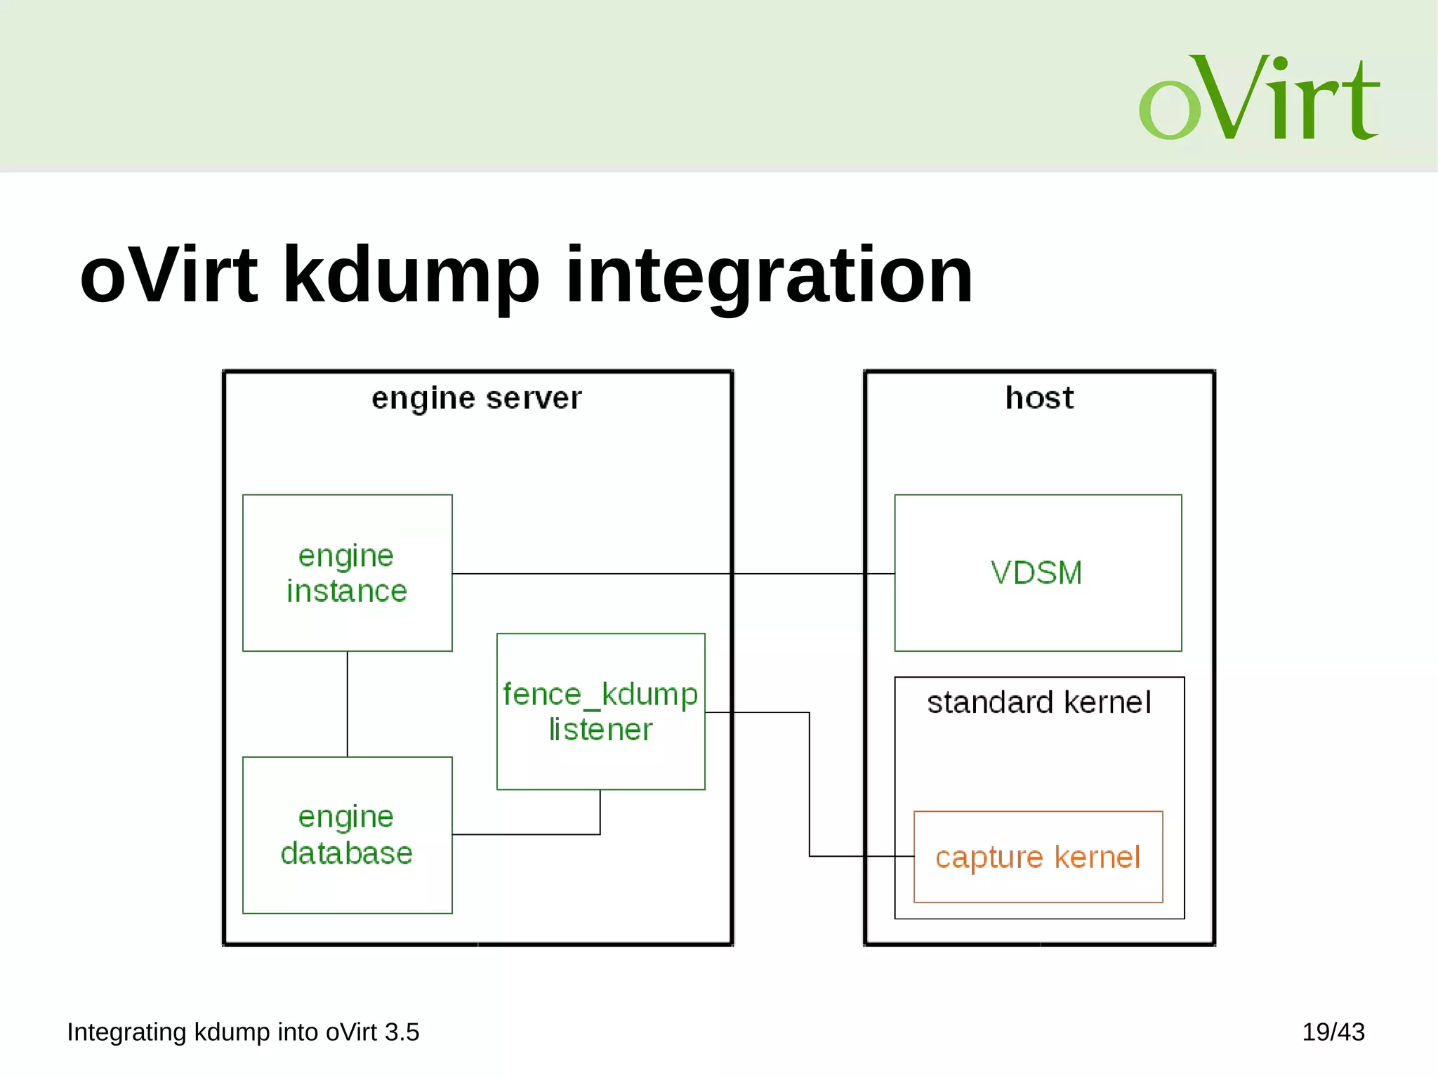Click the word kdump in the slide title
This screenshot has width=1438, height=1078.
click(411, 275)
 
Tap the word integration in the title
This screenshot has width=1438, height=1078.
click(769, 275)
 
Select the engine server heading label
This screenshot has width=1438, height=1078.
click(477, 398)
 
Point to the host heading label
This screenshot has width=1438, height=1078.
click(1039, 398)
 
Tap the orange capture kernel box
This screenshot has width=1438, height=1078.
click(1038, 857)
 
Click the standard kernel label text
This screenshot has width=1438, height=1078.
click(1038, 702)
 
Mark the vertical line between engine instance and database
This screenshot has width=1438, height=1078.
click(348, 704)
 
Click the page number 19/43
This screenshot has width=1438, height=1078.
click(1333, 1032)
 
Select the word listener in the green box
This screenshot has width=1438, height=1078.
click(600, 730)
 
